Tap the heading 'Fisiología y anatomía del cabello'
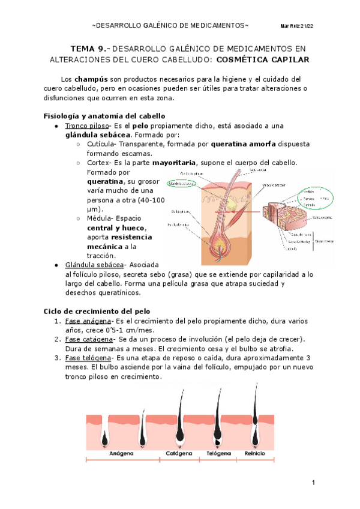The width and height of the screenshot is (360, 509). click(x=106, y=116)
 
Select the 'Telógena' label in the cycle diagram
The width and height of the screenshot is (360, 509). click(x=218, y=454)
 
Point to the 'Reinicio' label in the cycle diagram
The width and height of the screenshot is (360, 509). click(x=254, y=454)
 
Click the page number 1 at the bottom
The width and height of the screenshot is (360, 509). click(x=314, y=484)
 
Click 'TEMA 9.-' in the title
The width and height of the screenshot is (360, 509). click(x=90, y=49)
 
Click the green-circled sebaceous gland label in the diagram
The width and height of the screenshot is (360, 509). click(x=182, y=184)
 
